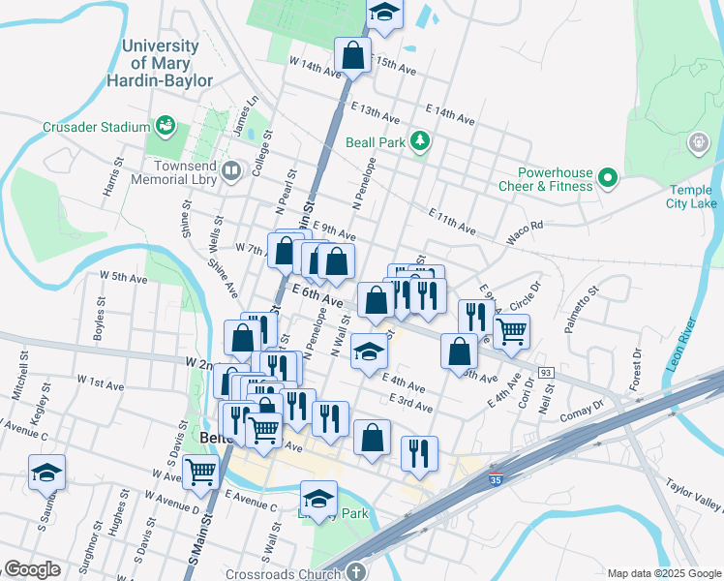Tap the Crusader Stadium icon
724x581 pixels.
click(166, 126)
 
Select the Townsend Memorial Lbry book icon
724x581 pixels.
click(231, 172)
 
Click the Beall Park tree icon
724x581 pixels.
click(419, 141)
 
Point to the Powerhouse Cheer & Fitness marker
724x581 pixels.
click(607, 177)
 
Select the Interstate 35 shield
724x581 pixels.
click(496, 476)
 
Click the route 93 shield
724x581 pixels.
click(546, 373)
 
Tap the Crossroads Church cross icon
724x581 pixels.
click(358, 573)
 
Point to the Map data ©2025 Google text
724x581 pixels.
click(663, 573)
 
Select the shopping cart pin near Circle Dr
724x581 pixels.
click(512, 331)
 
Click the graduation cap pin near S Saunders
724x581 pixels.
click(46, 472)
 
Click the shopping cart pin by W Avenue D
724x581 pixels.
click(200, 472)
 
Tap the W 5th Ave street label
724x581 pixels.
click(124, 277)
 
